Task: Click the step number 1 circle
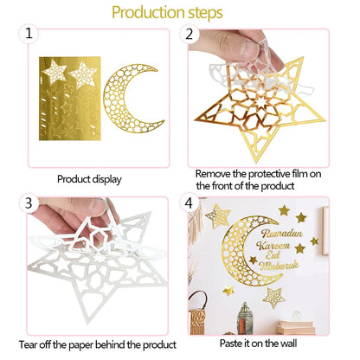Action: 29,34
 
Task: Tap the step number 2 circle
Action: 189,34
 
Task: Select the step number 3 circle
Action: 29,202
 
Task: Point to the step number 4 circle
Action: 189,202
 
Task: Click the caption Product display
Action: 89,179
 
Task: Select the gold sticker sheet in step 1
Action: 70,99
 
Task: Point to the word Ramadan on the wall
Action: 281,233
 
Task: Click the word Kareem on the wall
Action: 273,246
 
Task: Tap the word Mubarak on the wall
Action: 279,266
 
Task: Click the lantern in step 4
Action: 245,318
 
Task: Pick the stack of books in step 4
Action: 296,327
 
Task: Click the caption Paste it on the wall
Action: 258,344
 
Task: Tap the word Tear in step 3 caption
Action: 28,344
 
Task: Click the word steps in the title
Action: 205,13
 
